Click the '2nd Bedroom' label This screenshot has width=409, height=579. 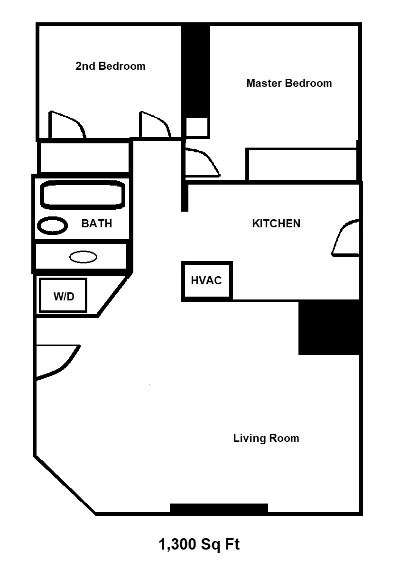(x=110, y=66)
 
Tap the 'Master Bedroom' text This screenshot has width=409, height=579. (x=288, y=84)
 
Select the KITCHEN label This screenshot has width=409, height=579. (x=276, y=224)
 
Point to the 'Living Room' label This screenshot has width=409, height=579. (x=266, y=438)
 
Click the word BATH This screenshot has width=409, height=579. (x=97, y=224)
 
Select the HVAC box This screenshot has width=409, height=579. (x=206, y=280)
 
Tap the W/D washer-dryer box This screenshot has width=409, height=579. (x=63, y=296)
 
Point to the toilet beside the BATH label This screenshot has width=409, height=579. (x=52, y=225)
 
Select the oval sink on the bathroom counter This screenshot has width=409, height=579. (x=83, y=257)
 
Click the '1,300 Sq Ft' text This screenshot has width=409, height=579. (x=199, y=544)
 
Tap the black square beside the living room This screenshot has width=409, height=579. (x=329, y=327)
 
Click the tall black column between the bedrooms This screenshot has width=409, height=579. (x=196, y=71)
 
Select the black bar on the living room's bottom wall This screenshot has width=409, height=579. (x=219, y=508)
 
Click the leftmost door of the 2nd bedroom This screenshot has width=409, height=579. (x=66, y=125)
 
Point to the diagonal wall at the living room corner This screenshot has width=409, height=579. (x=65, y=484)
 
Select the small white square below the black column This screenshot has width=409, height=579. (x=196, y=128)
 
